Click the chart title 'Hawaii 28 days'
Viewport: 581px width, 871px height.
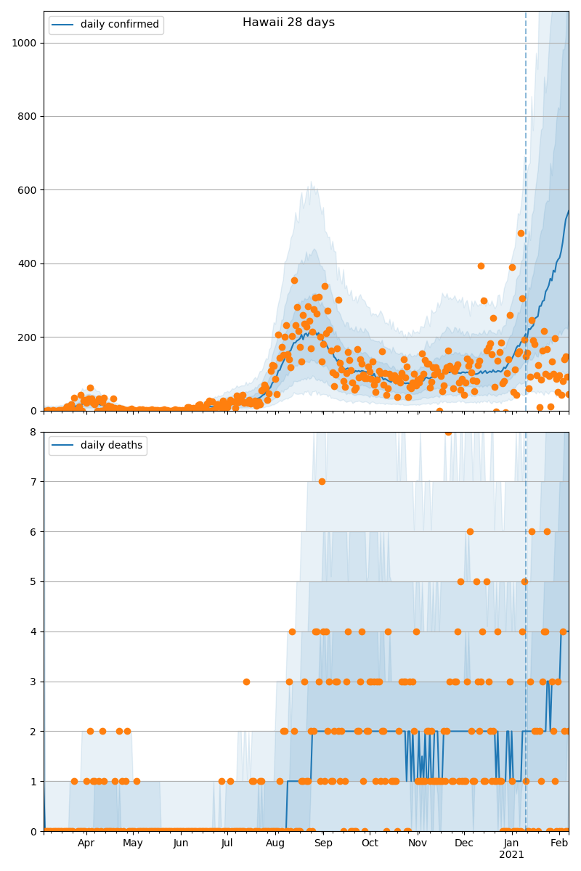(x=288, y=23)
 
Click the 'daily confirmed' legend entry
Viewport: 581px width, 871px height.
(x=119, y=25)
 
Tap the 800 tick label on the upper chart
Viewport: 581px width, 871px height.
(x=27, y=116)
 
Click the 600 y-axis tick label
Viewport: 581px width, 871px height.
(x=27, y=190)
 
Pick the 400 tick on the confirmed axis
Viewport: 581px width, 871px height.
(x=27, y=263)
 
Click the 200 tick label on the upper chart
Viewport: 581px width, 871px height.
(x=27, y=338)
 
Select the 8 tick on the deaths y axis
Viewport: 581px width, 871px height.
(x=33, y=432)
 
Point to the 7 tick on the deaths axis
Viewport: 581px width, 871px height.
(x=33, y=481)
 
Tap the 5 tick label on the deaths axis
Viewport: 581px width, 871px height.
(x=33, y=581)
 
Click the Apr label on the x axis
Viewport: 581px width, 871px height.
(x=86, y=843)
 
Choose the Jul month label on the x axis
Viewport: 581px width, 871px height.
(x=227, y=843)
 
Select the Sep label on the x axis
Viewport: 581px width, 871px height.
(x=323, y=843)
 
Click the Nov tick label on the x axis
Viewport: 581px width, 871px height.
(x=417, y=843)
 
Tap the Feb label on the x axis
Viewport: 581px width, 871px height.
(x=559, y=843)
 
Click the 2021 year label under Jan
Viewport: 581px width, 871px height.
(x=511, y=855)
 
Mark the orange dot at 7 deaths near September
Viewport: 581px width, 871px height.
(x=322, y=481)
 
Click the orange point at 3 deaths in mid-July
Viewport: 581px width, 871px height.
(x=246, y=682)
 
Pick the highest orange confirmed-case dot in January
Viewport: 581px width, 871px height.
(x=521, y=233)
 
